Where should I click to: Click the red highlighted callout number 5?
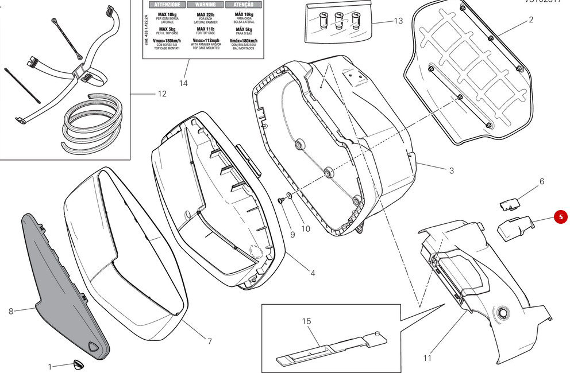tap(561, 217)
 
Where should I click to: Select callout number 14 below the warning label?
tap(183, 83)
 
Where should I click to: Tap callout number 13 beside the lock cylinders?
tap(398, 21)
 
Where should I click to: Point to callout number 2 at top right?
tap(530, 20)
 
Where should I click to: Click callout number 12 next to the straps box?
tap(161, 94)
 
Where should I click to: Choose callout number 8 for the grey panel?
tap(11, 312)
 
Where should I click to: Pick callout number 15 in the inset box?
tap(306, 321)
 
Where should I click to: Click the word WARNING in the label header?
tap(202, 5)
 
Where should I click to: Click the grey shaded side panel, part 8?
tap(63, 281)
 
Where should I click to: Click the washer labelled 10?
tap(289, 197)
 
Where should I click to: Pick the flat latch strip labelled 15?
tap(328, 347)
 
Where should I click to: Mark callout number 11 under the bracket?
tap(427, 358)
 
